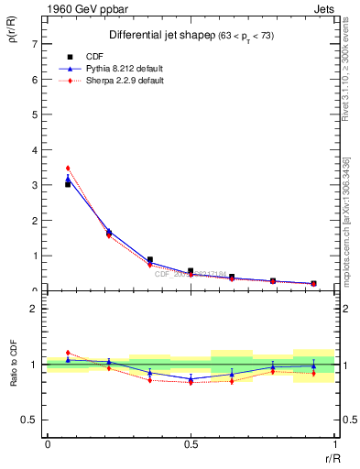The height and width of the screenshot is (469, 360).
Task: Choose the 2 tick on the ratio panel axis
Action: click(x=34, y=309)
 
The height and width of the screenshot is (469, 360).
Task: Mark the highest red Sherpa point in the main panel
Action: click(x=68, y=168)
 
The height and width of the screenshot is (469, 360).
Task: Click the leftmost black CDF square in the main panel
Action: click(x=68, y=184)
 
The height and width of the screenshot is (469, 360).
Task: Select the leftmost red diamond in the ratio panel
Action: click(x=68, y=353)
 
